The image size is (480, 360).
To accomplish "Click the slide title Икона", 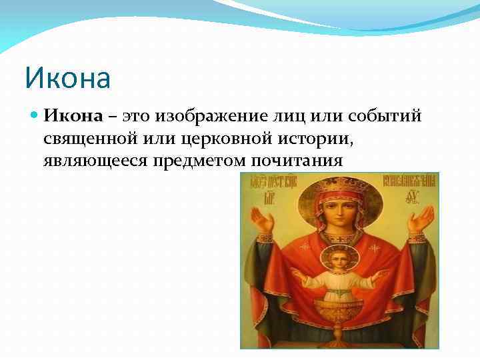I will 67,78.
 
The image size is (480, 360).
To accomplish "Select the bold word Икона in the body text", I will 73,116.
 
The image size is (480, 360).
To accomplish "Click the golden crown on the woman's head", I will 342,187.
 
